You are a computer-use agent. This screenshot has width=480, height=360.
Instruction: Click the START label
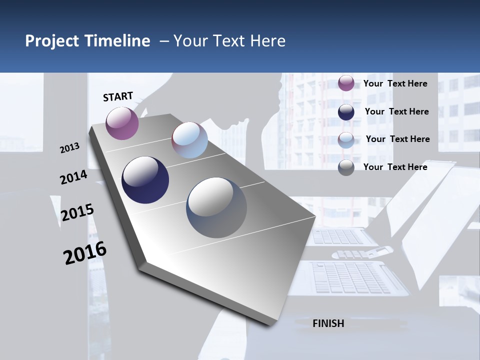coord(118,96)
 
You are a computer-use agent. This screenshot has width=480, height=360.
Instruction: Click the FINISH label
coord(328,323)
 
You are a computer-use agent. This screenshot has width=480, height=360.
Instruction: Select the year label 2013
coord(70,147)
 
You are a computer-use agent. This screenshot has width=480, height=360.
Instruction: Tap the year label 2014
coord(73,177)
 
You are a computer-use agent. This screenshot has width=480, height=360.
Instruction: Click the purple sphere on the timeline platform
coord(122,123)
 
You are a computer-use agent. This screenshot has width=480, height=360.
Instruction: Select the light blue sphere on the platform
coord(189,140)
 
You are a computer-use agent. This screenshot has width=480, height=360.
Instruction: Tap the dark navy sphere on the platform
coord(145,180)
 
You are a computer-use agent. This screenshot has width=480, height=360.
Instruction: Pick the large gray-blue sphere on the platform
coord(216,207)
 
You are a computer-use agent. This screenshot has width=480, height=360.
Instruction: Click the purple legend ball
coord(346,83)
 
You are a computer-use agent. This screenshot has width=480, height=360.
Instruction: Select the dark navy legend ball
coord(346,111)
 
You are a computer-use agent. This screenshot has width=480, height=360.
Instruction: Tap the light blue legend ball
coord(346,139)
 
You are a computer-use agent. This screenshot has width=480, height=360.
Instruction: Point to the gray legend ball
coord(346,167)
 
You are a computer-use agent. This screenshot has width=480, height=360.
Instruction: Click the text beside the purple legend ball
coord(395,83)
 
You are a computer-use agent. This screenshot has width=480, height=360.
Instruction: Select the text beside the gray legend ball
coord(395,167)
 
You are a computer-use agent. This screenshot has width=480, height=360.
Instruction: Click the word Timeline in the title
coord(118,41)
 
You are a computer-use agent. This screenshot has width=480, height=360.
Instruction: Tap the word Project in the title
coord(52,41)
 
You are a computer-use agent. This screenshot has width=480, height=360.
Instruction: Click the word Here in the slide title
coord(267,41)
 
